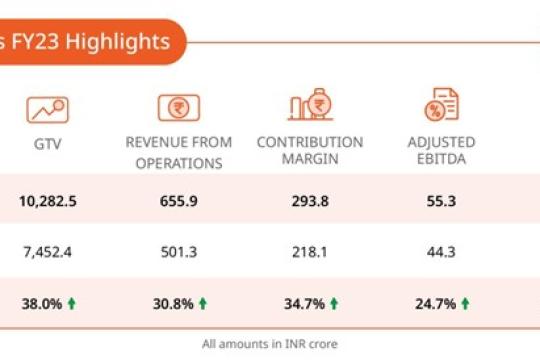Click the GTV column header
pyautogui.click(x=48, y=143)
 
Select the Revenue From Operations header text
pyautogui.click(x=178, y=152)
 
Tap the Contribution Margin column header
pyautogui.click(x=309, y=152)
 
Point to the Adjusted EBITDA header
pyautogui.click(x=440, y=152)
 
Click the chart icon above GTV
pyautogui.click(x=48, y=108)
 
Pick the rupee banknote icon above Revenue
pyautogui.click(x=178, y=108)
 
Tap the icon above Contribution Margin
pyautogui.click(x=309, y=108)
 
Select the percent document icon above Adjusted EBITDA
pyautogui.click(x=440, y=107)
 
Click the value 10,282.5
pyautogui.click(x=48, y=201)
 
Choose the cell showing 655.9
pyautogui.click(x=178, y=201)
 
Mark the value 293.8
pyautogui.click(x=309, y=201)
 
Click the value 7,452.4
pyautogui.click(x=48, y=251)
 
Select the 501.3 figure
pyautogui.click(x=178, y=251)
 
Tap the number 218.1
pyautogui.click(x=309, y=251)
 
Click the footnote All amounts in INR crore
pyautogui.click(x=269, y=344)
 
